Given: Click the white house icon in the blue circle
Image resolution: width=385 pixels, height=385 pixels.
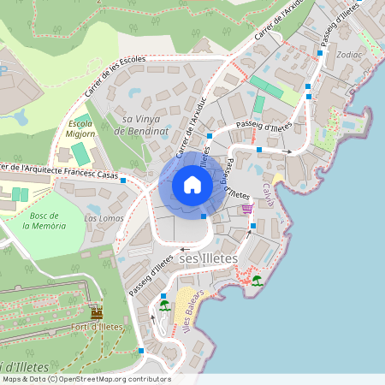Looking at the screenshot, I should pyautogui.click(x=192, y=185).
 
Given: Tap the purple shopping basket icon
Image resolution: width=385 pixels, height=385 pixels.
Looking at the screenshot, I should pyautogui.click(x=247, y=208).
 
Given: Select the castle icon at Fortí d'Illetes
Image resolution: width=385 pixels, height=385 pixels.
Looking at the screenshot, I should pyautogui.click(x=97, y=314).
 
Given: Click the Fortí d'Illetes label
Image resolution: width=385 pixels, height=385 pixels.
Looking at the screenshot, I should pyautogui.click(x=97, y=327).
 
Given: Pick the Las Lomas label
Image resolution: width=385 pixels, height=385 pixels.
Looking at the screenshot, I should pyautogui.click(x=104, y=218).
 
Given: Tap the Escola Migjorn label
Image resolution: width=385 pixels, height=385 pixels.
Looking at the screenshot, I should pyautogui.click(x=80, y=128).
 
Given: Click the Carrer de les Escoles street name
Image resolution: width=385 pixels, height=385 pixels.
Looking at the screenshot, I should pyautogui.click(x=115, y=76).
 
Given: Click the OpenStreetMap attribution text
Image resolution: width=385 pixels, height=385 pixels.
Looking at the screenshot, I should pyautogui.click(x=86, y=378).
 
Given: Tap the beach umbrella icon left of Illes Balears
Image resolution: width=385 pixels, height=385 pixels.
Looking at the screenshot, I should pyautogui.click(x=164, y=304).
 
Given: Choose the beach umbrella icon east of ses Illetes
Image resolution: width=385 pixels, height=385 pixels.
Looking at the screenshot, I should pyautogui.click(x=257, y=280).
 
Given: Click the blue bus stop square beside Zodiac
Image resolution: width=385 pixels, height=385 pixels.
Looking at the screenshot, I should pyautogui.click(x=319, y=52).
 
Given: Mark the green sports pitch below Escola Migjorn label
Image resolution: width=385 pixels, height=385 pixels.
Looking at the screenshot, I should pyautogui.click(x=79, y=154).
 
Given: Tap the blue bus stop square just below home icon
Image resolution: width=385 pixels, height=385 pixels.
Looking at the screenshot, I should pyautogui.click(x=204, y=216).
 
